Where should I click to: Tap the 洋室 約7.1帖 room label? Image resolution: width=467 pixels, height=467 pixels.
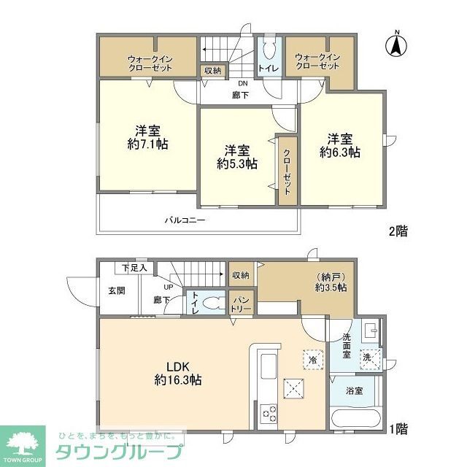coord(147,138)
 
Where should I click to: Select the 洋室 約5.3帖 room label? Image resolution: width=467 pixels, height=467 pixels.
coord(237,157)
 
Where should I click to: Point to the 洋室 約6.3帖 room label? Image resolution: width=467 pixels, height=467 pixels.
coord(340,146)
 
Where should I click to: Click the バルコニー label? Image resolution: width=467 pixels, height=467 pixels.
coord(184,220)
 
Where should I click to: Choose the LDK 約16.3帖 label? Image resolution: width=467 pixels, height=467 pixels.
coord(178,372)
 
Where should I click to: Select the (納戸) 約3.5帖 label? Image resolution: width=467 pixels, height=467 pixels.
coord(331,282)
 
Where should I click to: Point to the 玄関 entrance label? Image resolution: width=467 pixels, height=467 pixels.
coord(117,290)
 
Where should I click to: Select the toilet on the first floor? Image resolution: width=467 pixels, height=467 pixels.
coord(212,303)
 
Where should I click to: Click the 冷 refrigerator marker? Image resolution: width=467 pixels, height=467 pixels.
coord(312,360)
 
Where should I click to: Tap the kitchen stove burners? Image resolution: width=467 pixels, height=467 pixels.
coord(267,413)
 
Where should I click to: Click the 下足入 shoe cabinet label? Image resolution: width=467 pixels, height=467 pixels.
coord(134,268)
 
